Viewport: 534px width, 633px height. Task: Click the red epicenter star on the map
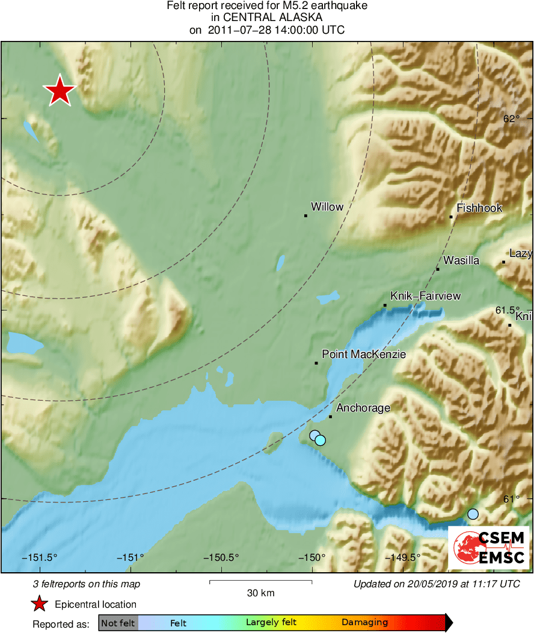point(60,91)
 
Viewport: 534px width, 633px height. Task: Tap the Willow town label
point(327,207)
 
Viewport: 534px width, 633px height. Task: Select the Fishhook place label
point(479,208)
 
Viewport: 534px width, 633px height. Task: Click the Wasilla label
point(461,261)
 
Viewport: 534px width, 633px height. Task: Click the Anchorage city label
point(363,408)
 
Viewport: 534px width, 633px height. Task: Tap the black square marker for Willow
point(305,215)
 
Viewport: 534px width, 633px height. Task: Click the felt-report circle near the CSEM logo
point(473,514)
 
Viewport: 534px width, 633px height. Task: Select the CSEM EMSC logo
point(489,548)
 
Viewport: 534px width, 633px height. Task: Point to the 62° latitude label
point(511,119)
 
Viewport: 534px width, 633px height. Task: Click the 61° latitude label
point(511,499)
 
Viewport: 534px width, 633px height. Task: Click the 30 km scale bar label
point(260,593)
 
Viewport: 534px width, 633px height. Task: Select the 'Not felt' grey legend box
point(118,623)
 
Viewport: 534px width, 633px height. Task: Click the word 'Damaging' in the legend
point(364,623)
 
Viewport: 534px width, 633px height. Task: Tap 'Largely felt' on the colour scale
point(271,623)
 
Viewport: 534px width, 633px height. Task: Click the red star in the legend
point(40,604)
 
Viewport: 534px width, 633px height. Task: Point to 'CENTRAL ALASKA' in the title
point(267,18)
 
